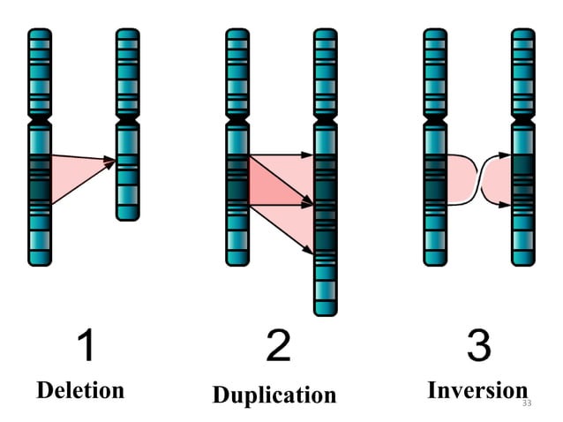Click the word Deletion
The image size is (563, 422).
click(x=80, y=389)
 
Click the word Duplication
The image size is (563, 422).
click(x=274, y=394)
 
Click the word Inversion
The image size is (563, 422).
click(x=477, y=389)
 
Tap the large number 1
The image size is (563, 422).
click(x=86, y=344)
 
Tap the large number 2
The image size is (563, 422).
click(x=278, y=344)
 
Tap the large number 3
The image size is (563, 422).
click(x=478, y=344)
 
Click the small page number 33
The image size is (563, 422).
click(x=528, y=403)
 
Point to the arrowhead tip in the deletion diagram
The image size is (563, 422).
click(x=115, y=161)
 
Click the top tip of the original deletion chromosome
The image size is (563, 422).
click(x=40, y=32)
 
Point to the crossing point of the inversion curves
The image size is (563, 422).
click(x=480, y=180)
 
